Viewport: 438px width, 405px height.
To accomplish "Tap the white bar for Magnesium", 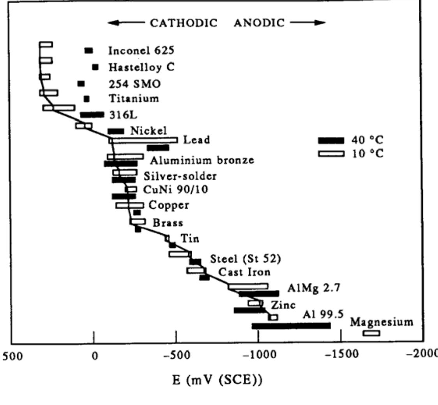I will [x=371, y=333].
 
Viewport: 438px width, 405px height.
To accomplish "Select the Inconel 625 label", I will [x=141, y=51].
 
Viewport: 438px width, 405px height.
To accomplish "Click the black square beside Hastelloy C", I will [x=95, y=67].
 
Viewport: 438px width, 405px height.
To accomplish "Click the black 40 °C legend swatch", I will [x=331, y=141].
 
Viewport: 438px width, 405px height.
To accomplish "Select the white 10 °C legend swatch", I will [x=331, y=153].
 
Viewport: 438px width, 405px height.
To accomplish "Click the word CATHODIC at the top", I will [x=183, y=23].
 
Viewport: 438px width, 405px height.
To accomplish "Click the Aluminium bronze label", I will [x=202, y=160].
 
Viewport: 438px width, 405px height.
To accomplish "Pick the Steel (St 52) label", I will [x=245, y=259].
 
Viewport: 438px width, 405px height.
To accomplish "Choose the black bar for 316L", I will [x=92, y=114].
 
